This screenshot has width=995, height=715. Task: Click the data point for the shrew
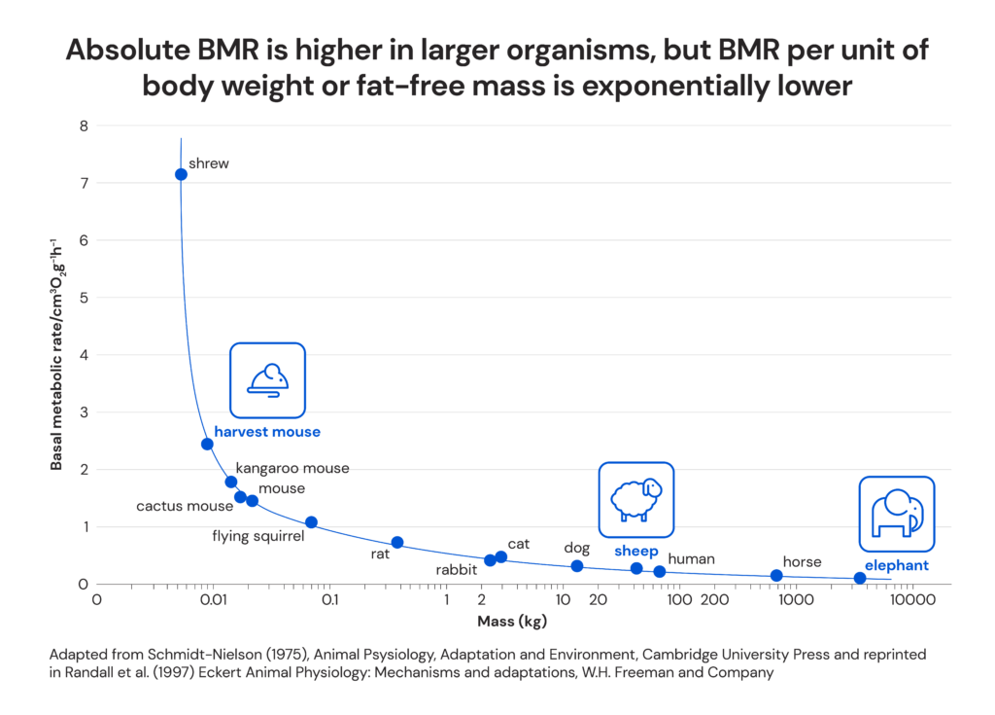(181, 174)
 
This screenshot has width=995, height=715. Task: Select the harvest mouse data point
(207, 445)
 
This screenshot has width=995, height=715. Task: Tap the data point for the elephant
(859, 578)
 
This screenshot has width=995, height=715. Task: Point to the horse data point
(776, 575)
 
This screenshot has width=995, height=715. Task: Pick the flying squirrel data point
(311, 522)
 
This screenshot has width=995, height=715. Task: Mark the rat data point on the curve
(396, 542)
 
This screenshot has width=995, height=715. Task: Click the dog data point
(577, 566)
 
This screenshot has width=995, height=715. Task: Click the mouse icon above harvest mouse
(267, 380)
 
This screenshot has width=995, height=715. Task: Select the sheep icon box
(635, 499)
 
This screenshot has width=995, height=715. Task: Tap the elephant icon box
(896, 514)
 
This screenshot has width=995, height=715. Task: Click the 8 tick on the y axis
(84, 125)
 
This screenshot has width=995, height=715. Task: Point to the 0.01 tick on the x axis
(213, 600)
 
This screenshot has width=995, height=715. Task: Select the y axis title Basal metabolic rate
(56, 353)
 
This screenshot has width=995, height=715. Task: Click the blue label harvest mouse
(267, 432)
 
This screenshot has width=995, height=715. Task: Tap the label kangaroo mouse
(292, 468)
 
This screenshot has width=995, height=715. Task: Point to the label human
(691, 558)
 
